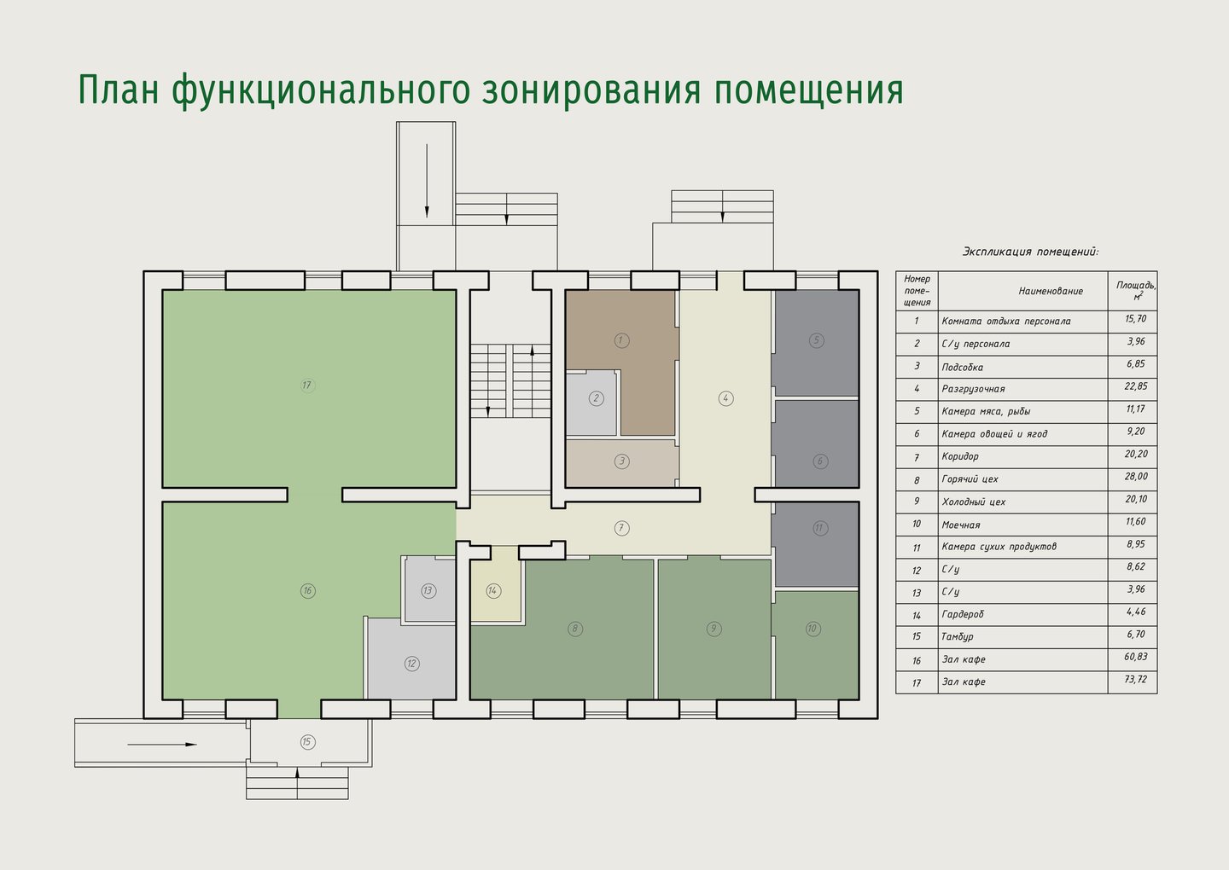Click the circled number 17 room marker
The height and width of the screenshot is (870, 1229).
coord(307,386)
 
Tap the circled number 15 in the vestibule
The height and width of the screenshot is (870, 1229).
coord(307,742)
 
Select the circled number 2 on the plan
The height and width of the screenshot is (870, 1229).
coord(597,398)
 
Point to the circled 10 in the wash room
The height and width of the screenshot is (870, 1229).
coord(813,629)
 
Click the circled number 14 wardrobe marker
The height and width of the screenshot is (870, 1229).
coord(493,590)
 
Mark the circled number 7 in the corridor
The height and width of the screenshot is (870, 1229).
coord(621,528)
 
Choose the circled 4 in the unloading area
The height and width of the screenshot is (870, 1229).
coord(725,398)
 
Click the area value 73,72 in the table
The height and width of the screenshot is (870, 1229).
coord(1136,680)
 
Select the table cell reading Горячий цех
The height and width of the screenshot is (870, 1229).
coord(970,479)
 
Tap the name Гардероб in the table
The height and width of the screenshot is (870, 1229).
coord(963,614)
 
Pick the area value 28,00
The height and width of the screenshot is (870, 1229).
coord(1136,477)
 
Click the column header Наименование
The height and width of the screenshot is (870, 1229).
coord(1051,291)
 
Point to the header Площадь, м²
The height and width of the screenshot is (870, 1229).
coord(1136,290)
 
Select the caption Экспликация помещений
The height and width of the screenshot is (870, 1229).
coord(1031,252)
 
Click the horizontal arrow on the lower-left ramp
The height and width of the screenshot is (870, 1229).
coord(162,745)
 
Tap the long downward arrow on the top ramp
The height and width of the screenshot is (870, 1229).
coord(427,181)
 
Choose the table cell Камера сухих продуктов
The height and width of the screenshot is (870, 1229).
coord(999,547)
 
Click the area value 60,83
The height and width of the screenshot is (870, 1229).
coord(1136,657)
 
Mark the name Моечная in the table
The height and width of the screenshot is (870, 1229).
coord(961,525)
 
